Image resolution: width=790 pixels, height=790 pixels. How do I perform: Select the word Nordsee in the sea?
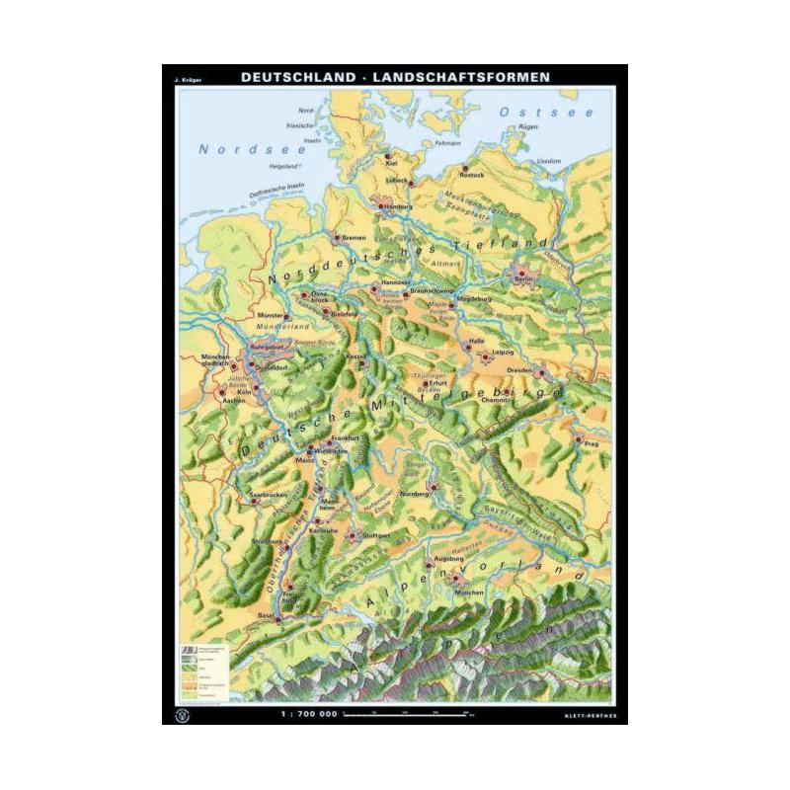[x=233, y=149]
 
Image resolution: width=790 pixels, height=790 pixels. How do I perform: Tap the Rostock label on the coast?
[x=472, y=175]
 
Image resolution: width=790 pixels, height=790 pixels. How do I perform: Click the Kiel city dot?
[x=390, y=155]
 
